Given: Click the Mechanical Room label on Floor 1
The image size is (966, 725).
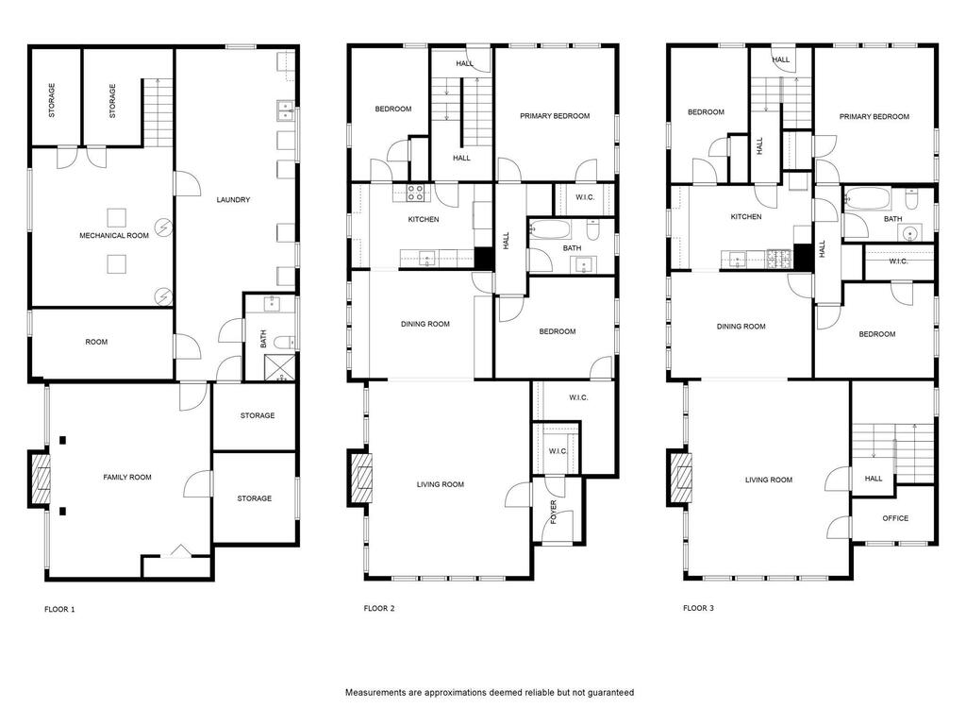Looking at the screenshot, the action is [x=114, y=235].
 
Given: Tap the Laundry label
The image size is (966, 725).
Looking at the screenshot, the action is [x=234, y=200].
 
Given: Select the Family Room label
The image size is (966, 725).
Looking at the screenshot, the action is [x=127, y=477].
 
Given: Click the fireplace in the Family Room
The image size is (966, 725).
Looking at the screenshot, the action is [x=41, y=479].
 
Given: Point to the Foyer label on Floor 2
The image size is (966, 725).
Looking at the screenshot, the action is [x=553, y=513].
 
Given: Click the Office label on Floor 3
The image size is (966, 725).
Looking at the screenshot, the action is [x=895, y=518].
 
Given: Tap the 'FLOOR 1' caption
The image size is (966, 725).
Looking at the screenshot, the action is [x=59, y=610].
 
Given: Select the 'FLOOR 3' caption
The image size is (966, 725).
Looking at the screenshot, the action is [x=699, y=609].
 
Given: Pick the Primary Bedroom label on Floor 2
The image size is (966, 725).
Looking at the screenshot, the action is [x=555, y=116].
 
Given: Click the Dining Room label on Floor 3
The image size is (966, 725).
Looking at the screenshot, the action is [x=741, y=327].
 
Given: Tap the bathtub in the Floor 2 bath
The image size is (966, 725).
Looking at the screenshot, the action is [x=550, y=228].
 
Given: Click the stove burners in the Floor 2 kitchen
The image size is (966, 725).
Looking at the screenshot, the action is [x=415, y=193].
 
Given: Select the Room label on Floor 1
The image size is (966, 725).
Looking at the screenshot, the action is [x=96, y=342].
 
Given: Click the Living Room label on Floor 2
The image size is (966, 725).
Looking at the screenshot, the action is [x=440, y=484].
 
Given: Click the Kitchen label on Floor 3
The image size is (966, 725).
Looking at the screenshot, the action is [x=746, y=217].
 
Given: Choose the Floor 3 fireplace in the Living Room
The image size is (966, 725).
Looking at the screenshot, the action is [x=680, y=478].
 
